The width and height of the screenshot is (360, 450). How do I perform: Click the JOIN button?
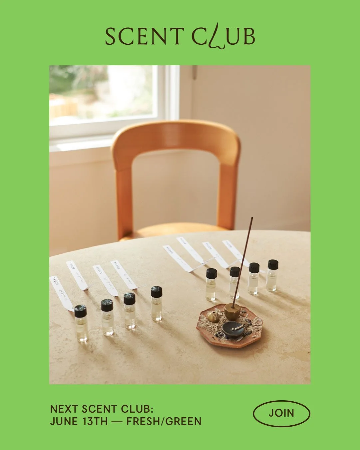tap(281, 413)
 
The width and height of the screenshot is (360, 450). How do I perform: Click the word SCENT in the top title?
tap(144, 37)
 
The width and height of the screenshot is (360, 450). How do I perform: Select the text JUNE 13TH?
tap(79, 421)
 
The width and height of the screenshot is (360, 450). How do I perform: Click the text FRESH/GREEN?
tap(164, 421)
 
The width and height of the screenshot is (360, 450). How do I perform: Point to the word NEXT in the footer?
tap(64, 409)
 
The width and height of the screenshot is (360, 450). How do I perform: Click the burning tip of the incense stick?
tap(252, 218)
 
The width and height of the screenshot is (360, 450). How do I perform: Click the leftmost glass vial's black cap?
tap(80, 311)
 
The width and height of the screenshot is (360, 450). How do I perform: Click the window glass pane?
tap(103, 93)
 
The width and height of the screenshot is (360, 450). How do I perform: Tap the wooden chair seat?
tap(173, 230)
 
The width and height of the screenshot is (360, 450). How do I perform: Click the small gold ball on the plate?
tap(213, 316)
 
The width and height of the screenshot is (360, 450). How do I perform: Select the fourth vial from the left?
tap(156, 303)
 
